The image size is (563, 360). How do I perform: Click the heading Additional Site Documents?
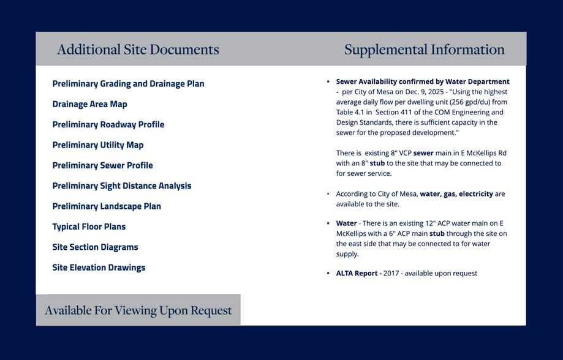pos(138,50)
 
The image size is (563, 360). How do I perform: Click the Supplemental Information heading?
pos(424,50)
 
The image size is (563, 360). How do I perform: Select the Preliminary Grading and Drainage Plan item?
pos(128,84)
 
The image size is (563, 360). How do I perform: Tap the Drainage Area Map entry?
pos(89,104)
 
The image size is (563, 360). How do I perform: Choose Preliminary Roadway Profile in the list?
pos(108,125)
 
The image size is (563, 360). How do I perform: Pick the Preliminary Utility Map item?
pos(97,145)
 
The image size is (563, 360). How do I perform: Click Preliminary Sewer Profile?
pos(102,165)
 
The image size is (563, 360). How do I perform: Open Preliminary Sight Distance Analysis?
pos(121,186)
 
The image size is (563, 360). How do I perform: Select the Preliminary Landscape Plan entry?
pos(107,206)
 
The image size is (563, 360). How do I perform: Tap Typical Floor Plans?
pos(89,227)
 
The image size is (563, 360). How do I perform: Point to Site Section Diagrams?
pos(95,247)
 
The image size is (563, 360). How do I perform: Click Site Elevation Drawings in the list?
pos(99,268)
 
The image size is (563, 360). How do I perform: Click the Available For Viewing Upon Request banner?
pos(138,310)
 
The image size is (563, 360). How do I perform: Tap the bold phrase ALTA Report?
pos(358,273)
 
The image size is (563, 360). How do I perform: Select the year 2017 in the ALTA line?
pos(392,273)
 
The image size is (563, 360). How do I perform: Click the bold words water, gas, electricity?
pos(456,194)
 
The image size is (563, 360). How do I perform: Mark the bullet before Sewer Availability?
pos(328,81)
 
